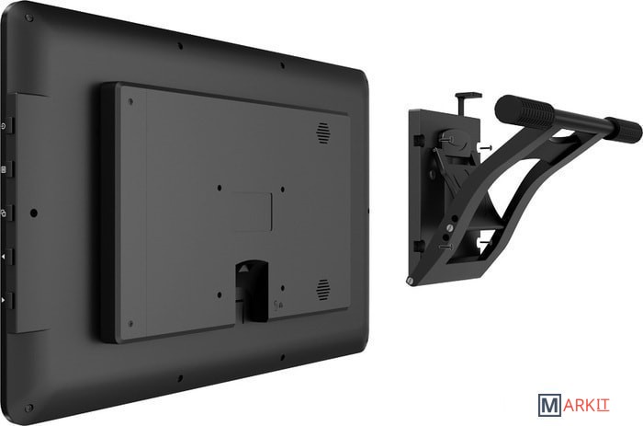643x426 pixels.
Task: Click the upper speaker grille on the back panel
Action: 322,133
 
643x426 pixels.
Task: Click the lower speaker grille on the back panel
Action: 322,290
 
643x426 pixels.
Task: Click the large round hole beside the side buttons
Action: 34,213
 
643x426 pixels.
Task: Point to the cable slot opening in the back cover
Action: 252,292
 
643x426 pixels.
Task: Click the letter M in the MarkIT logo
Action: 549,406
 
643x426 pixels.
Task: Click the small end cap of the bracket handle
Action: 624,131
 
